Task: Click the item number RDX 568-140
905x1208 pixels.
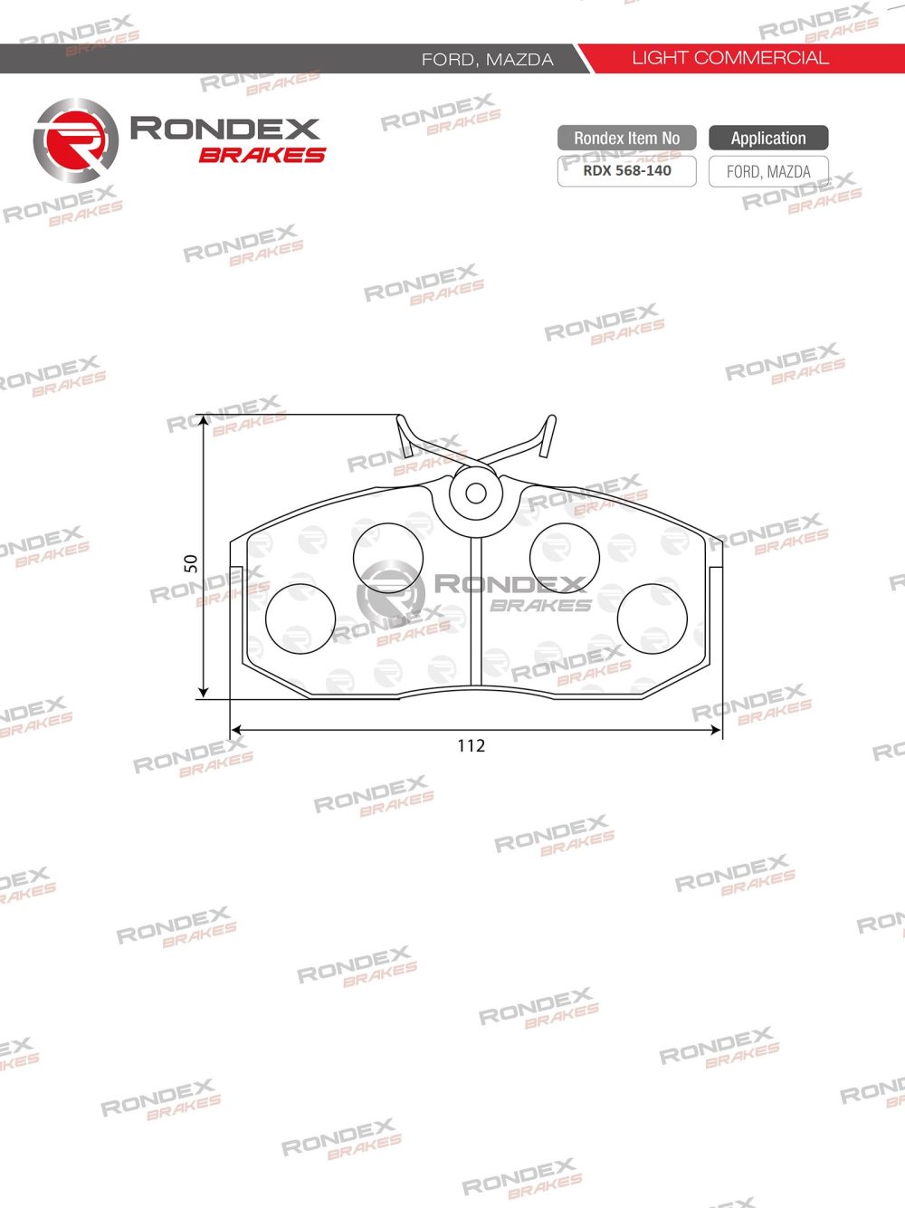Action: pyautogui.click(x=626, y=170)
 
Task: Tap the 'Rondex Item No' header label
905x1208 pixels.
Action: pyautogui.click(x=626, y=139)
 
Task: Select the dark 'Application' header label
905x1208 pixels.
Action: pyautogui.click(x=768, y=139)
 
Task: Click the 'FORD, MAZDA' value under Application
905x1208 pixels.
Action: pyautogui.click(x=768, y=171)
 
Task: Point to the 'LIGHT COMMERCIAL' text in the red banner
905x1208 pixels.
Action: pyautogui.click(x=729, y=58)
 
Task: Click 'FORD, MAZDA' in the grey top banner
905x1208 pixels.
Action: pyautogui.click(x=487, y=60)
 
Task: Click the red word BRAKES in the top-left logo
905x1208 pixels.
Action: pyautogui.click(x=262, y=155)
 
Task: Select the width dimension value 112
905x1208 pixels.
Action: pyautogui.click(x=472, y=745)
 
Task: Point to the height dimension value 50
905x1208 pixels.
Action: pyautogui.click(x=191, y=562)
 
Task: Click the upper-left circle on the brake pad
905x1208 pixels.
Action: pyautogui.click(x=387, y=557)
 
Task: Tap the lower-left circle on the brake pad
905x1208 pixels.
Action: pyautogui.click(x=300, y=618)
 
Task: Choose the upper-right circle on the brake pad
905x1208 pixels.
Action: pyautogui.click(x=564, y=557)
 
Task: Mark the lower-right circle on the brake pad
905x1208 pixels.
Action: pyautogui.click(x=652, y=618)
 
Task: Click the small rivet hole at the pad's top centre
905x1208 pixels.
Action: pyautogui.click(x=475, y=494)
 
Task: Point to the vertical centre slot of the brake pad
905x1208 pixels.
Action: pyautogui.click(x=476, y=611)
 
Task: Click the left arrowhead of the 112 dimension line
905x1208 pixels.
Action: pyautogui.click(x=235, y=729)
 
